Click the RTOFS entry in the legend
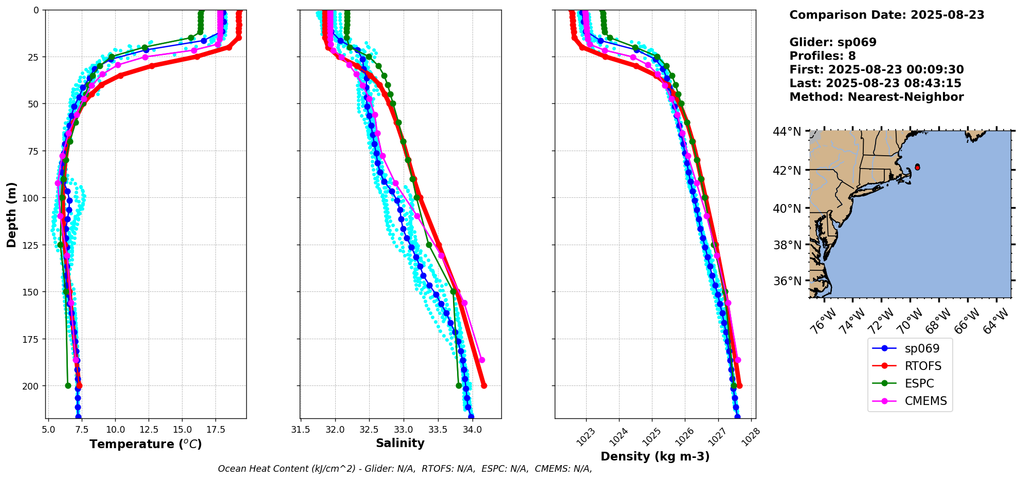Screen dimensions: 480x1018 point(923,366)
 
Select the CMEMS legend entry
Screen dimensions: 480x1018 point(925,401)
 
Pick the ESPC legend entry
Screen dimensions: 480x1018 point(919,383)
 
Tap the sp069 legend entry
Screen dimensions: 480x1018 point(922,348)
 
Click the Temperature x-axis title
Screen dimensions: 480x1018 point(146,444)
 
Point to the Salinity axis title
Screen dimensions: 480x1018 point(400,443)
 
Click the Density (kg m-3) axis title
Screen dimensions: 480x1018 point(655,456)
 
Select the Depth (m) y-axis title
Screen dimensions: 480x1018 point(11,214)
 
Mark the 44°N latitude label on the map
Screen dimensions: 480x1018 point(787,132)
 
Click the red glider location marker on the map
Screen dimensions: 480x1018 point(917,167)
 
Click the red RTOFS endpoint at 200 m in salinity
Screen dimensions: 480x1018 point(484,385)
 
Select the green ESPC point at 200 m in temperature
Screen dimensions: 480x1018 point(68,385)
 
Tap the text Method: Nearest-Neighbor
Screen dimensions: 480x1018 point(876,97)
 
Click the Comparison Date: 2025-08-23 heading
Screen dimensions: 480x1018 point(886,15)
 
